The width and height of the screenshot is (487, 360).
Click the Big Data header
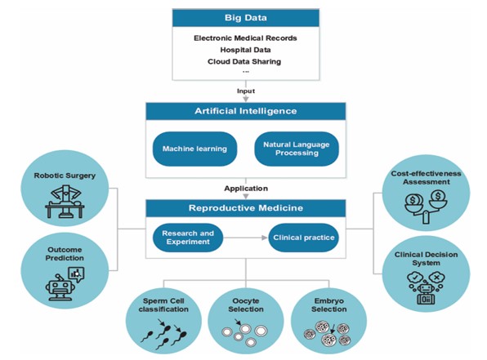pyautogui.click(x=246, y=18)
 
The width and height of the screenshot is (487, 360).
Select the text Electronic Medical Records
pyautogui.click(x=245, y=38)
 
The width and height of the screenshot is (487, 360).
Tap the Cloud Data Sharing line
pyautogui.click(x=244, y=61)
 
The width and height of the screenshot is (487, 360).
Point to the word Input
pyautogui.click(x=246, y=91)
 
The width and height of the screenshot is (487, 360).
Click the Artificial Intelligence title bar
pyautogui.click(x=246, y=111)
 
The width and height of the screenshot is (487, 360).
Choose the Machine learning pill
pyautogui.click(x=194, y=149)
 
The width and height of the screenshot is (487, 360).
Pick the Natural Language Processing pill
pyautogui.click(x=297, y=149)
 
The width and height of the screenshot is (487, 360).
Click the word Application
pyautogui.click(x=246, y=189)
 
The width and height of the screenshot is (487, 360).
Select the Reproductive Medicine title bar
pyautogui.click(x=246, y=208)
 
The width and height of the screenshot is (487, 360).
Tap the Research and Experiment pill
pyautogui.click(x=188, y=238)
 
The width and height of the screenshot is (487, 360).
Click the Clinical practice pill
pyautogui.click(x=304, y=238)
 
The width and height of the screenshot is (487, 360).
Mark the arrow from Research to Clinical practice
pyautogui.click(x=245, y=238)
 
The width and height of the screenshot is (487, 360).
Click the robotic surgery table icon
pyautogui.click(x=65, y=202)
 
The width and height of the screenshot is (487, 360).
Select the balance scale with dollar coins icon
pyautogui.click(x=426, y=207)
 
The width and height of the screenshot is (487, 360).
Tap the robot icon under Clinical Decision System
pyautogui.click(x=426, y=288)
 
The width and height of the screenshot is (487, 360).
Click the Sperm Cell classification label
pyautogui.click(x=163, y=305)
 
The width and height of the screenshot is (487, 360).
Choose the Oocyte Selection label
pyautogui.click(x=246, y=305)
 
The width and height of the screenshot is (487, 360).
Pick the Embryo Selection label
pyautogui.click(x=329, y=305)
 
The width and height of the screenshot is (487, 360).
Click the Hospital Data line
pyautogui.click(x=245, y=50)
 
